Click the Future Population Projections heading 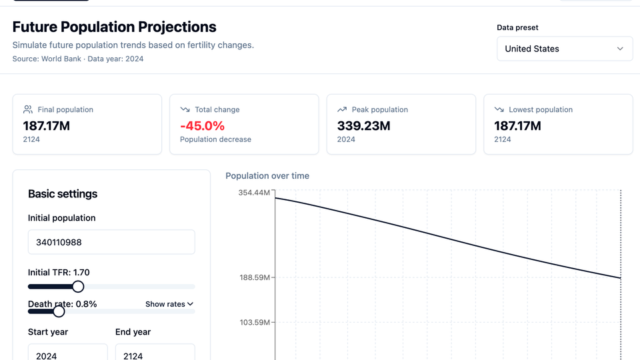[114, 27]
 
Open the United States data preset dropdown [564, 49]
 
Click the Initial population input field [111, 242]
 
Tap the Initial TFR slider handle [78, 287]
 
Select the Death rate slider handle [59, 311]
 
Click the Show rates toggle [169, 304]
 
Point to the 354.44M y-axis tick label [255, 193]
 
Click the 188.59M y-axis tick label [255, 277]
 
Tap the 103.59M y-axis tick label [255, 323]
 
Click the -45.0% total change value [202, 125]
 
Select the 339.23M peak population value [364, 125]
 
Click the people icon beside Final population [28, 109]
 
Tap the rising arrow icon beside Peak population [342, 109]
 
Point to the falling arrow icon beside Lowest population [499, 109]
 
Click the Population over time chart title [267, 176]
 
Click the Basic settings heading [63, 194]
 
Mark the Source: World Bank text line [77, 59]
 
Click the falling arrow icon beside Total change [185, 109]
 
